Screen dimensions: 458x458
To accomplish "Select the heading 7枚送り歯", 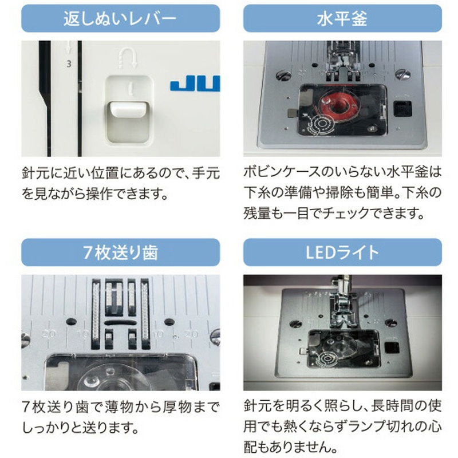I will [x=120, y=252].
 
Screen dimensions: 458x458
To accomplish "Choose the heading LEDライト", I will [x=342, y=252].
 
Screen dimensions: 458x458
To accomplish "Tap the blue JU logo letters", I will [x=195, y=85].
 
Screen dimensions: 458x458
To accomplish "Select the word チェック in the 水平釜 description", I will [x=359, y=214].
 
